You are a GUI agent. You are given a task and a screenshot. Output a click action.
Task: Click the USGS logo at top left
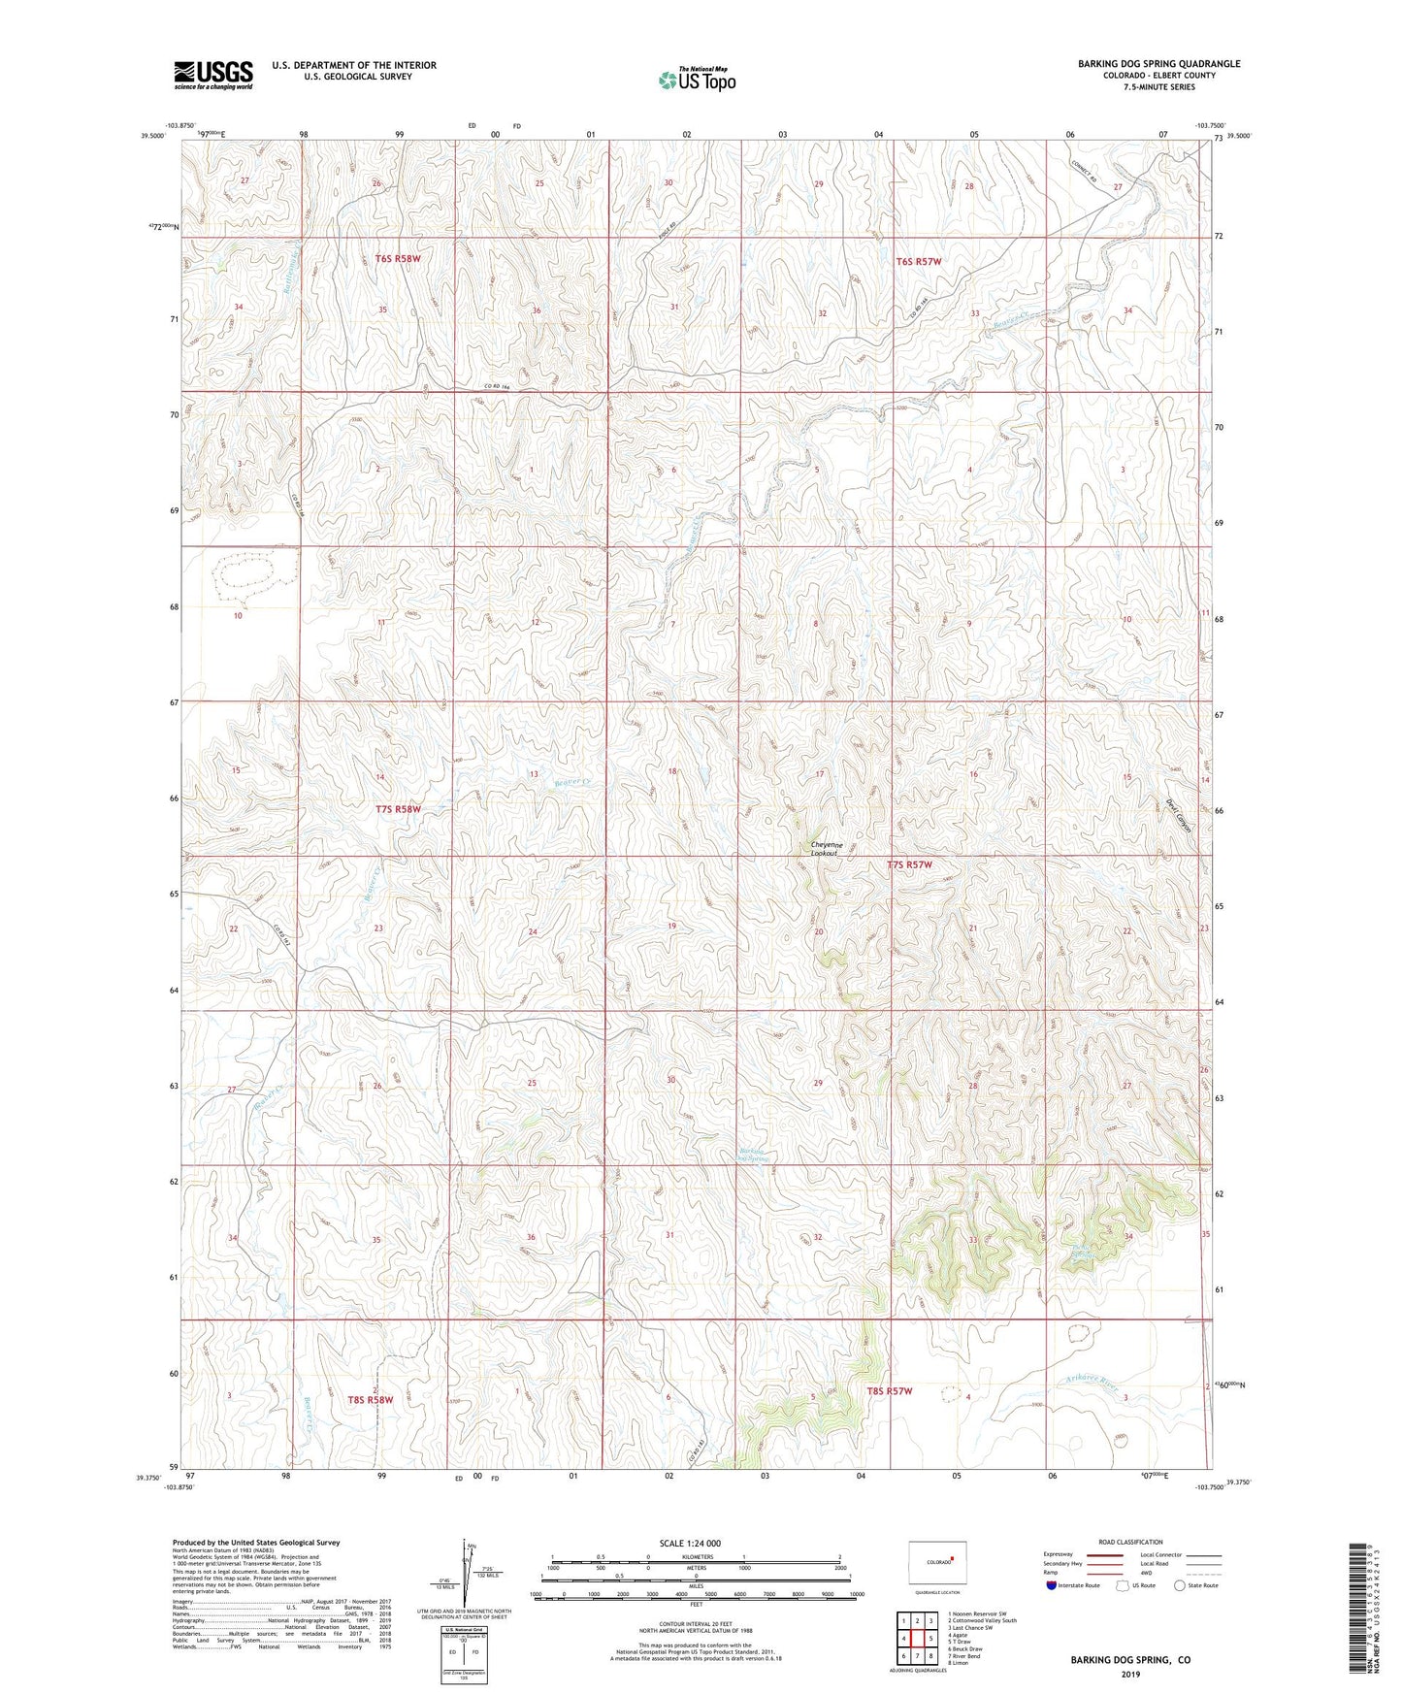[213, 75]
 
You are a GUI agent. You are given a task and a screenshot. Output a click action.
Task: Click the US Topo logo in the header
[697, 80]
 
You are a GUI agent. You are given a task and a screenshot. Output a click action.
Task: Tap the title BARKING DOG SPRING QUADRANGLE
[1158, 64]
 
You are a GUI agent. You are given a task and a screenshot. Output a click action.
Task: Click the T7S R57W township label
[909, 864]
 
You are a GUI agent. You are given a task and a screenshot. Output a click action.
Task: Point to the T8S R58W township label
[371, 1400]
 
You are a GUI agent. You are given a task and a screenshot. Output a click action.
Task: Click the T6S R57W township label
[918, 262]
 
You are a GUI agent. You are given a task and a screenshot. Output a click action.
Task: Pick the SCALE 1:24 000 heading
[690, 1543]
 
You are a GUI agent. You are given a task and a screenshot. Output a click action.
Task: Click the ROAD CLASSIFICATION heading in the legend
[1130, 1542]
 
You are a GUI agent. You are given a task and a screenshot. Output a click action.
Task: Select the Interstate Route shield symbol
[1053, 1585]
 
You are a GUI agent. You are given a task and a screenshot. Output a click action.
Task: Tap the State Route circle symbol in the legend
[1180, 1585]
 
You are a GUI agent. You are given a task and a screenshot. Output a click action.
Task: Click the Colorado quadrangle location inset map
[935, 1562]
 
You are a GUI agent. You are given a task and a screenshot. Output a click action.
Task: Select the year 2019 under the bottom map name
[1130, 1674]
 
